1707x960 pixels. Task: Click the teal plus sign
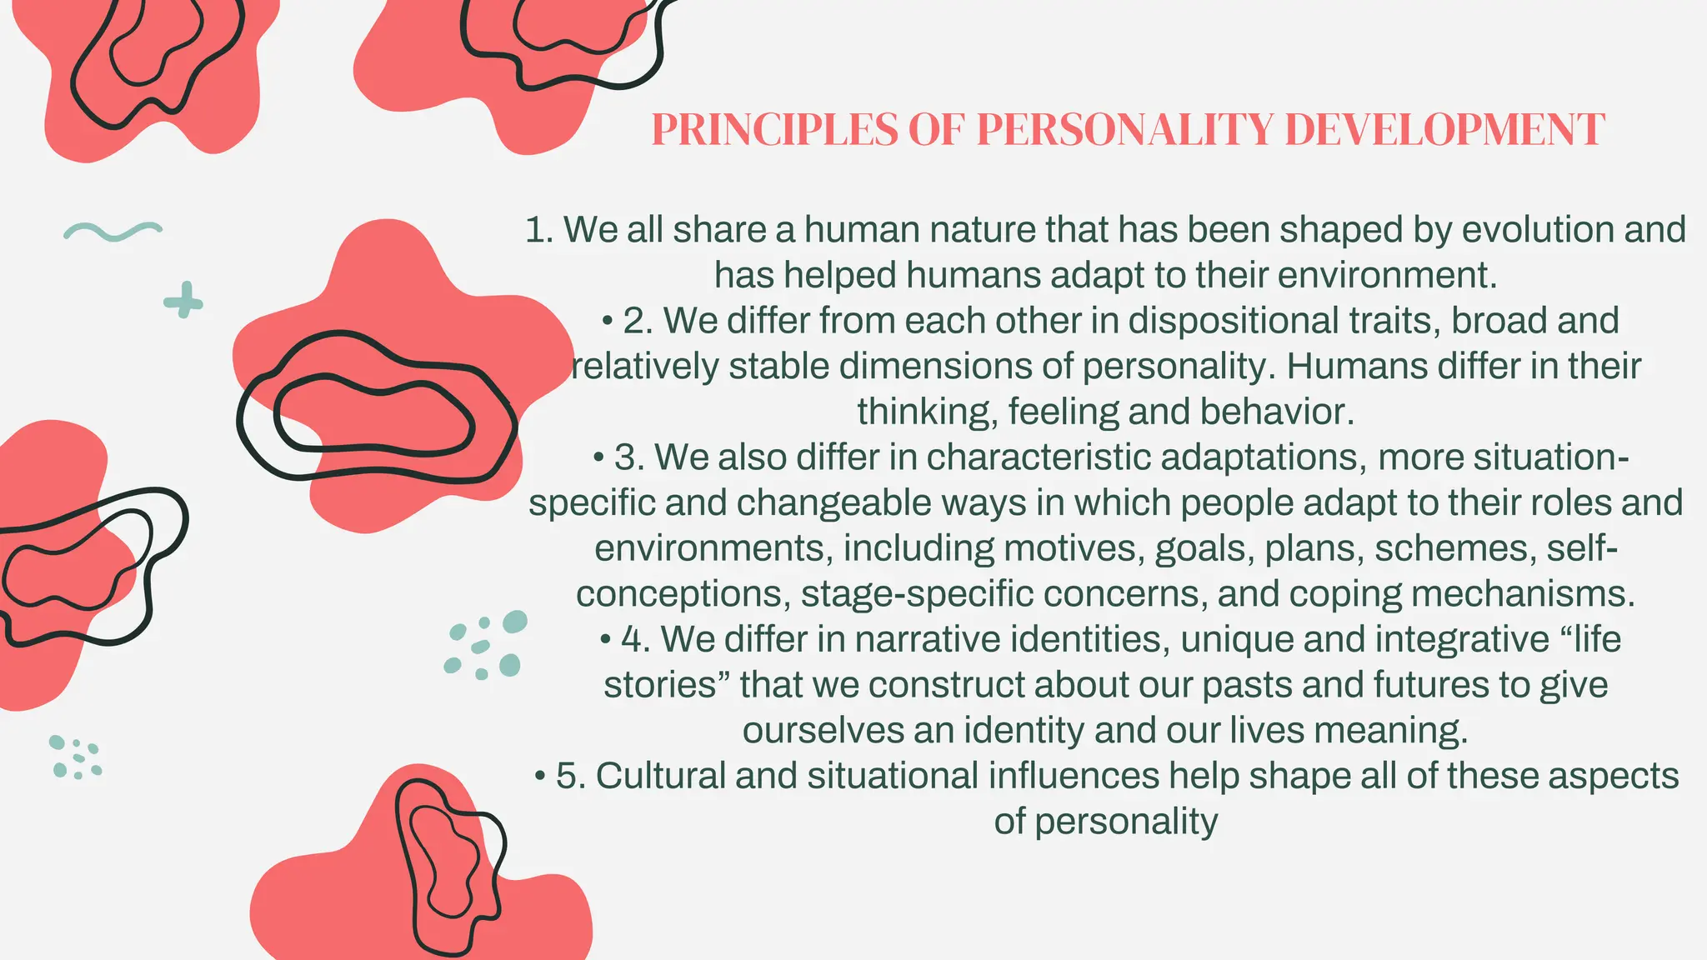click(183, 300)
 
